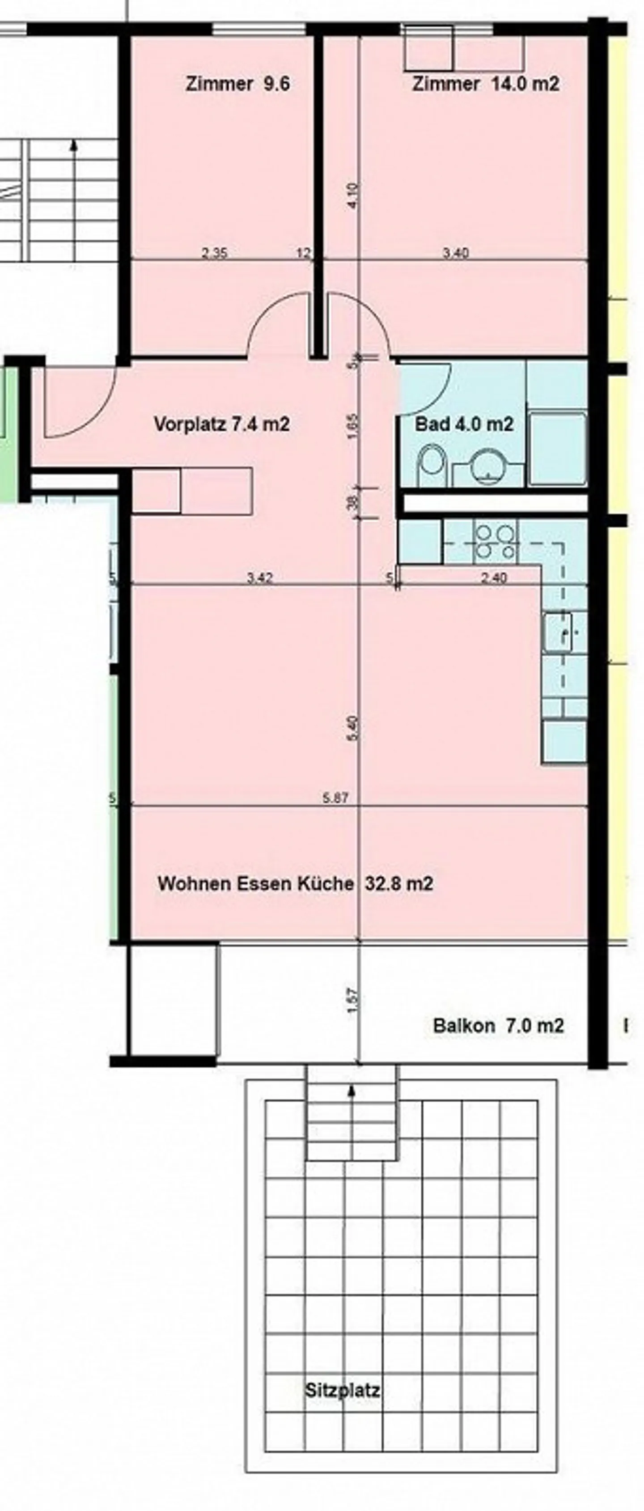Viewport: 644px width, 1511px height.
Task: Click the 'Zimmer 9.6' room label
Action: (x=237, y=84)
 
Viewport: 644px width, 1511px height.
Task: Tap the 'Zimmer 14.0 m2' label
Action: (x=486, y=84)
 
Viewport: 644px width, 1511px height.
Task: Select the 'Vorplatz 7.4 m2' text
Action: (x=222, y=424)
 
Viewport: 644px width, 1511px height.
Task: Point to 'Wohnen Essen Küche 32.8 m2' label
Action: (x=295, y=883)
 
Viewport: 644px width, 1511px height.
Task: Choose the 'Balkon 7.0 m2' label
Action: (x=498, y=1025)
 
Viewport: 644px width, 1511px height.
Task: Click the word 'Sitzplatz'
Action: (x=343, y=1390)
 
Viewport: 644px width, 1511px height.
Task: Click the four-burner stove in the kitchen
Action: (x=496, y=541)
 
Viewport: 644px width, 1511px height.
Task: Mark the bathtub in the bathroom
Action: (x=557, y=449)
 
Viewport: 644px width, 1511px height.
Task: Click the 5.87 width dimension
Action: (x=335, y=798)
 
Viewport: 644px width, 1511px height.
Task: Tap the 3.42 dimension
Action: (x=259, y=578)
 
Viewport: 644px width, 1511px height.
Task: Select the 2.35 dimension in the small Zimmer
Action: (x=214, y=253)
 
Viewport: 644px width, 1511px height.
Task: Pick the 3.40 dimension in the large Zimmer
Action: (x=456, y=253)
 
